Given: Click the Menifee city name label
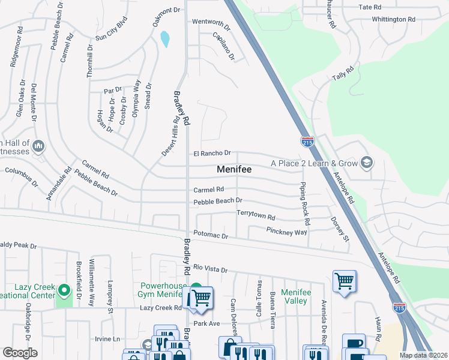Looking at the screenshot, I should point(234,170).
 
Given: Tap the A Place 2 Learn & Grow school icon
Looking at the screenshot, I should point(366,163).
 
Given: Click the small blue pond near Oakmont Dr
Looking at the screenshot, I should point(164,40).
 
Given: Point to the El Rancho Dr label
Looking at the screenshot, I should point(212,154).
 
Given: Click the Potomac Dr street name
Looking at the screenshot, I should point(211,236).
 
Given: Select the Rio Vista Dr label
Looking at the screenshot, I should point(210,269).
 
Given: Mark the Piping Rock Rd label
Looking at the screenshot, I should point(304,203).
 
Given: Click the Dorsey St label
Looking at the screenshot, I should point(339,230).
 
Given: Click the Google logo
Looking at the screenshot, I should point(20,353).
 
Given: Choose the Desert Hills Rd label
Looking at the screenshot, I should point(170,136).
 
